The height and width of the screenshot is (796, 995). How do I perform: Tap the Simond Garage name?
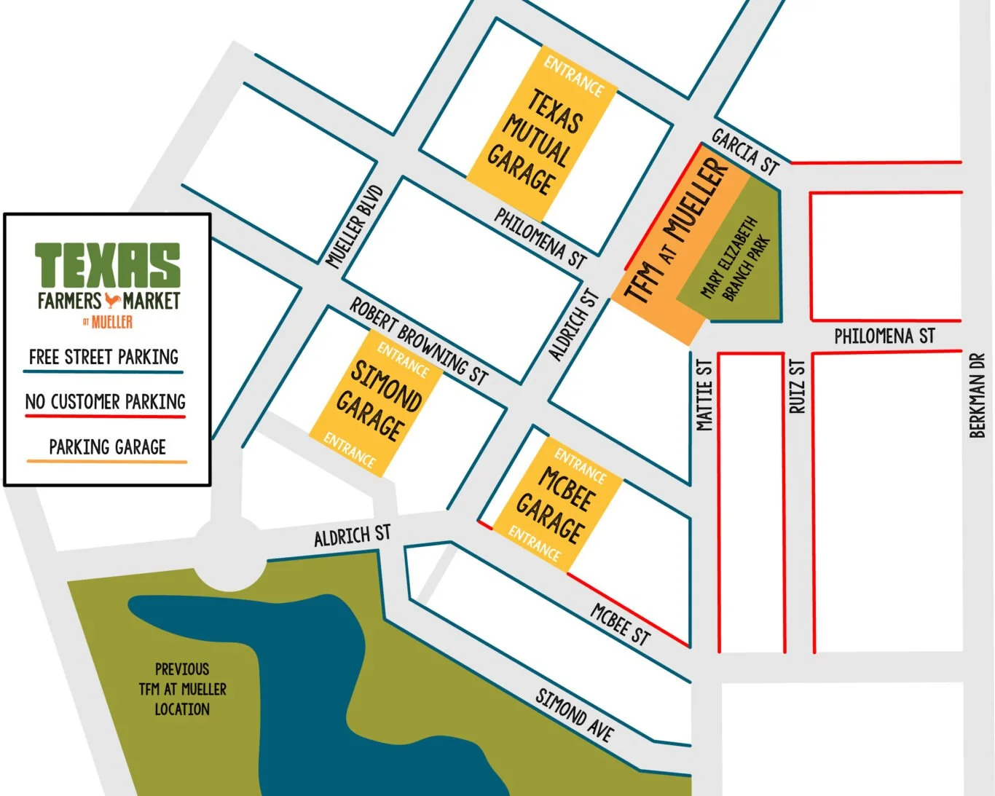379,401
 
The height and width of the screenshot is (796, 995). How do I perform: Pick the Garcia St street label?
745,152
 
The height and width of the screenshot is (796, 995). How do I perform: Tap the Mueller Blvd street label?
355,226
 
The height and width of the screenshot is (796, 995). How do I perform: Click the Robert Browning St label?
419,341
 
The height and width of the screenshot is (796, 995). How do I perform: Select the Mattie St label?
704,395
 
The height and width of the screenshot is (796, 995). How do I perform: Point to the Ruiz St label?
798,387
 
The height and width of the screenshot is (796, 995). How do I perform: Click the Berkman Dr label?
978,395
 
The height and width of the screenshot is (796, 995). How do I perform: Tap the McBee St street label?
620,625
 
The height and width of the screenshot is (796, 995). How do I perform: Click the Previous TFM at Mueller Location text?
182,689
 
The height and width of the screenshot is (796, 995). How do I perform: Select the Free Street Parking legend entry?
103,357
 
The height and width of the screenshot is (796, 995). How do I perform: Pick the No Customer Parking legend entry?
106,402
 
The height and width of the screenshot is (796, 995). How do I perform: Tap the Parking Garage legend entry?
107,447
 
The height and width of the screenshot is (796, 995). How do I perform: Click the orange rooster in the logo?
111,300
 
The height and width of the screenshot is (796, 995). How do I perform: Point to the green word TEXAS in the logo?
108,265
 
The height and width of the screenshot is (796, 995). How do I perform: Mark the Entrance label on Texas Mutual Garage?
574,76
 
